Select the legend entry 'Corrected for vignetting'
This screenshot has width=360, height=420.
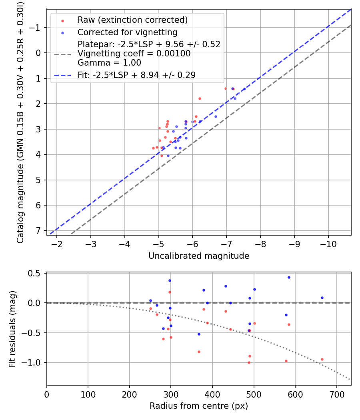click(127, 32)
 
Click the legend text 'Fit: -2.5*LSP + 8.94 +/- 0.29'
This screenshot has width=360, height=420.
click(136, 75)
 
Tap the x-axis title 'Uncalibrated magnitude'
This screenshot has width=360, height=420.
click(199, 256)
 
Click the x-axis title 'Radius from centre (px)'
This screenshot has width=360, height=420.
click(199, 406)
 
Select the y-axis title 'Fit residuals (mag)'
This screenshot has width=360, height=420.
click(12, 328)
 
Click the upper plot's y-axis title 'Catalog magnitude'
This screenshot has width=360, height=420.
click(20, 122)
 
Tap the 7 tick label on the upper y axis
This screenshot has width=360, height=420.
click(38, 231)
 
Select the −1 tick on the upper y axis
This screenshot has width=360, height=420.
click(36, 28)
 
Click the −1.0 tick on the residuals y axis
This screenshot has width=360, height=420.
click(34, 362)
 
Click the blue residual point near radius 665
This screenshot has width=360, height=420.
click(322, 298)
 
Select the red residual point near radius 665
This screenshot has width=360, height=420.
click(322, 359)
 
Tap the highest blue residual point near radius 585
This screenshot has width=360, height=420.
click(289, 277)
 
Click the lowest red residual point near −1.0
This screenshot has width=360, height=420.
click(249, 362)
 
